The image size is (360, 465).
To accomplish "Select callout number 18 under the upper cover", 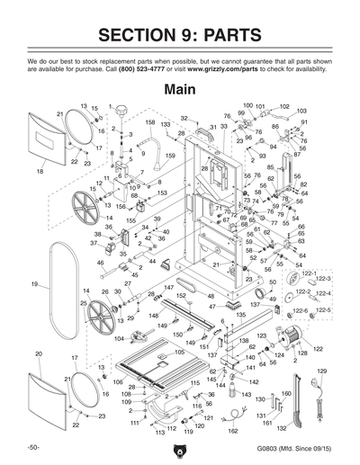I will click(x=40, y=170).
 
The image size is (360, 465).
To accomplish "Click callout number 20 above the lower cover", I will click(x=39, y=354).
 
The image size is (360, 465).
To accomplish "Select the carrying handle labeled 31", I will click(x=213, y=133).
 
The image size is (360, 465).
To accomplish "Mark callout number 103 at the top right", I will click(x=301, y=112).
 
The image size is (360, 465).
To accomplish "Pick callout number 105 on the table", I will click(x=179, y=353).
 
